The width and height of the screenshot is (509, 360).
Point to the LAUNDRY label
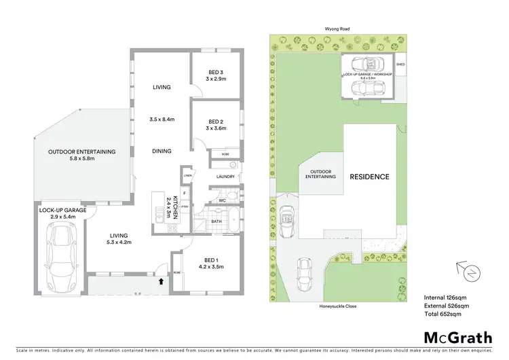[x=226, y=177]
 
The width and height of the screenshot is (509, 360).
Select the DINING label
[x=162, y=151]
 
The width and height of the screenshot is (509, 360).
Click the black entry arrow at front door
[x=161, y=280]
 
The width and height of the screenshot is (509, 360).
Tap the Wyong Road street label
[x=335, y=30]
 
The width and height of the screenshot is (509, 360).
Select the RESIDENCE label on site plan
[x=369, y=177]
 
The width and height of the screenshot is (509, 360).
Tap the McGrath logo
[x=449, y=338]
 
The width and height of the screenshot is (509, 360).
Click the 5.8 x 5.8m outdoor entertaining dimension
[x=82, y=159]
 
